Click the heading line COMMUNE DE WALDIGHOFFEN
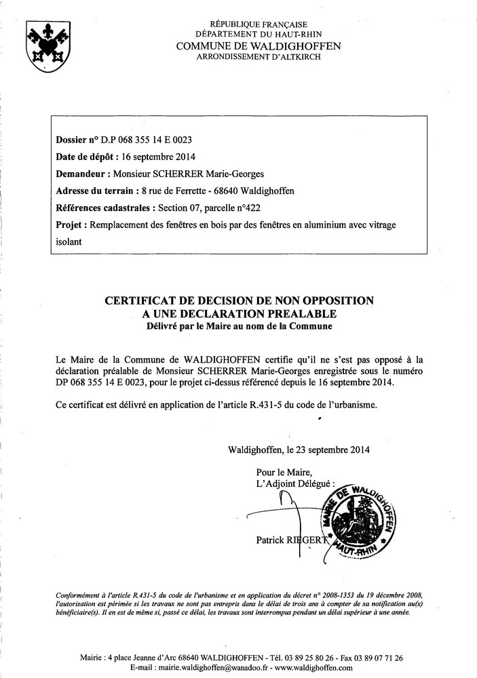259,45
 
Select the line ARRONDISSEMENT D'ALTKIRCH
259,57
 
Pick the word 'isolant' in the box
68,241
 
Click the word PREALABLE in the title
298,314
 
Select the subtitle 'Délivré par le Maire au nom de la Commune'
239,326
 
